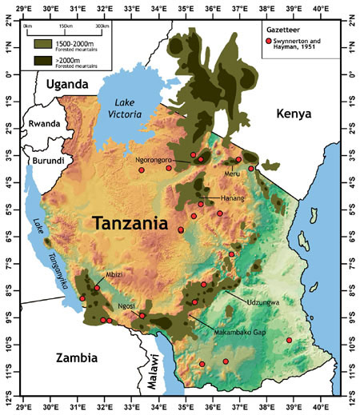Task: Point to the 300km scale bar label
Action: pyautogui.click(x=102, y=26)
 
